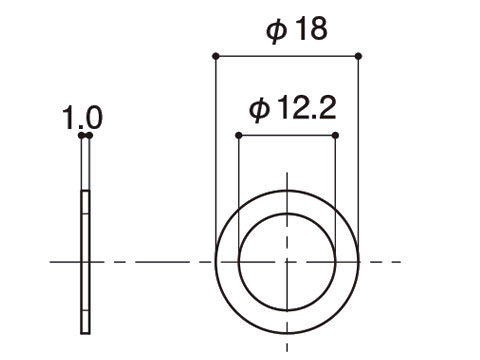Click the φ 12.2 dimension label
click(293, 108)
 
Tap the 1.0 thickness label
click(82, 118)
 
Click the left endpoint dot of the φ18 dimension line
click(216, 56)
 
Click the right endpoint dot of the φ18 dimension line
click(358, 56)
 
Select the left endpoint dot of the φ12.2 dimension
click(239, 135)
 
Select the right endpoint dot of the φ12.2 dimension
click(335, 135)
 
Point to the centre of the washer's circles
click(287, 262)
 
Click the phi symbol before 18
click(276, 31)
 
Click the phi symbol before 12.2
click(259, 110)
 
